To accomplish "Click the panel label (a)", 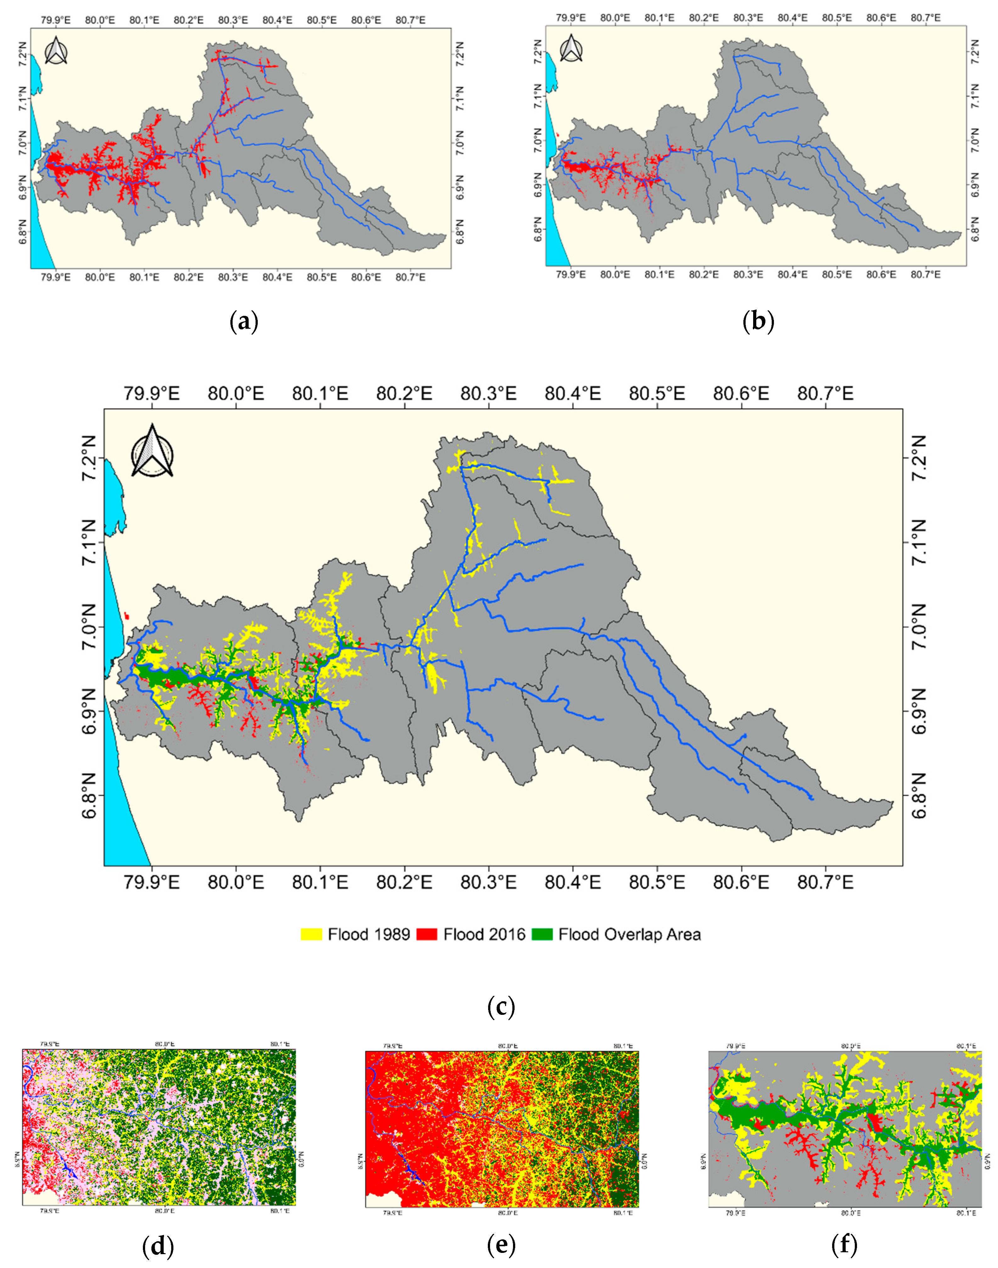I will [244, 322].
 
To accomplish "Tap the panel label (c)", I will [501, 1007].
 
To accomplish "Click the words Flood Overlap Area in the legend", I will [629, 934].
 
